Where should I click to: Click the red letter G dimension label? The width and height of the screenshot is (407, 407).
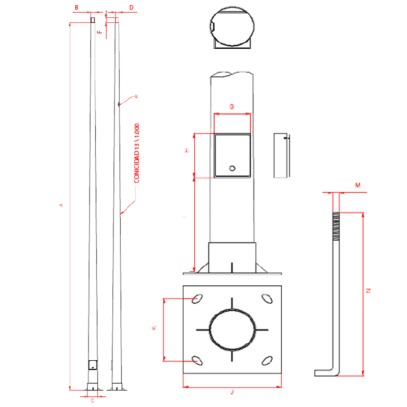click(231, 107)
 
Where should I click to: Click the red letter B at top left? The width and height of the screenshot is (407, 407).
click(77, 8)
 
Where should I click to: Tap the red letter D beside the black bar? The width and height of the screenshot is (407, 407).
click(132, 8)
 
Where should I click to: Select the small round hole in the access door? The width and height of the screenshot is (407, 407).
click(232, 168)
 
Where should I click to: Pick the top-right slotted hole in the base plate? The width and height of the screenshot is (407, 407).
click(266, 299)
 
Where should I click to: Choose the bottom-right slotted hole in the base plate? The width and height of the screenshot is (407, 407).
click(266, 361)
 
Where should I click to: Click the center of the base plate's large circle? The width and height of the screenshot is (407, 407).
click(232, 330)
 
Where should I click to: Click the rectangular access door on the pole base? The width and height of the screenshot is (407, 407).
click(232, 156)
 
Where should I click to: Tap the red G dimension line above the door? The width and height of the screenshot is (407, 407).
click(232, 114)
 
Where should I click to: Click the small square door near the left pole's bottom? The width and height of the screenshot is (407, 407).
click(93, 365)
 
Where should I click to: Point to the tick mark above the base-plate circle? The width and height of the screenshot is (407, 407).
click(232, 303)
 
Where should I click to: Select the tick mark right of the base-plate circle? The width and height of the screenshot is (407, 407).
click(261, 330)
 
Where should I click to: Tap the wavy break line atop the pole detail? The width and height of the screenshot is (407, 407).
click(232, 74)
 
